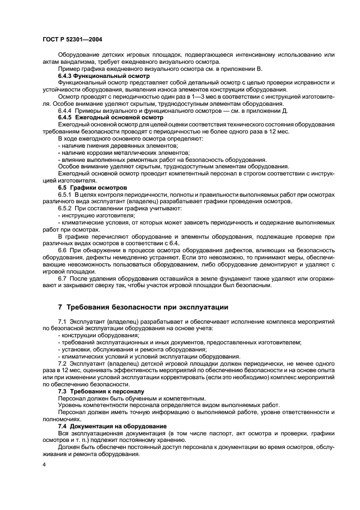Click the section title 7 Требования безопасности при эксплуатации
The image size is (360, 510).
pos(143,307)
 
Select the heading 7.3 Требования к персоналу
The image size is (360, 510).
pos(93,391)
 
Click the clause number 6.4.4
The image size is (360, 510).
pos(66,111)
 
